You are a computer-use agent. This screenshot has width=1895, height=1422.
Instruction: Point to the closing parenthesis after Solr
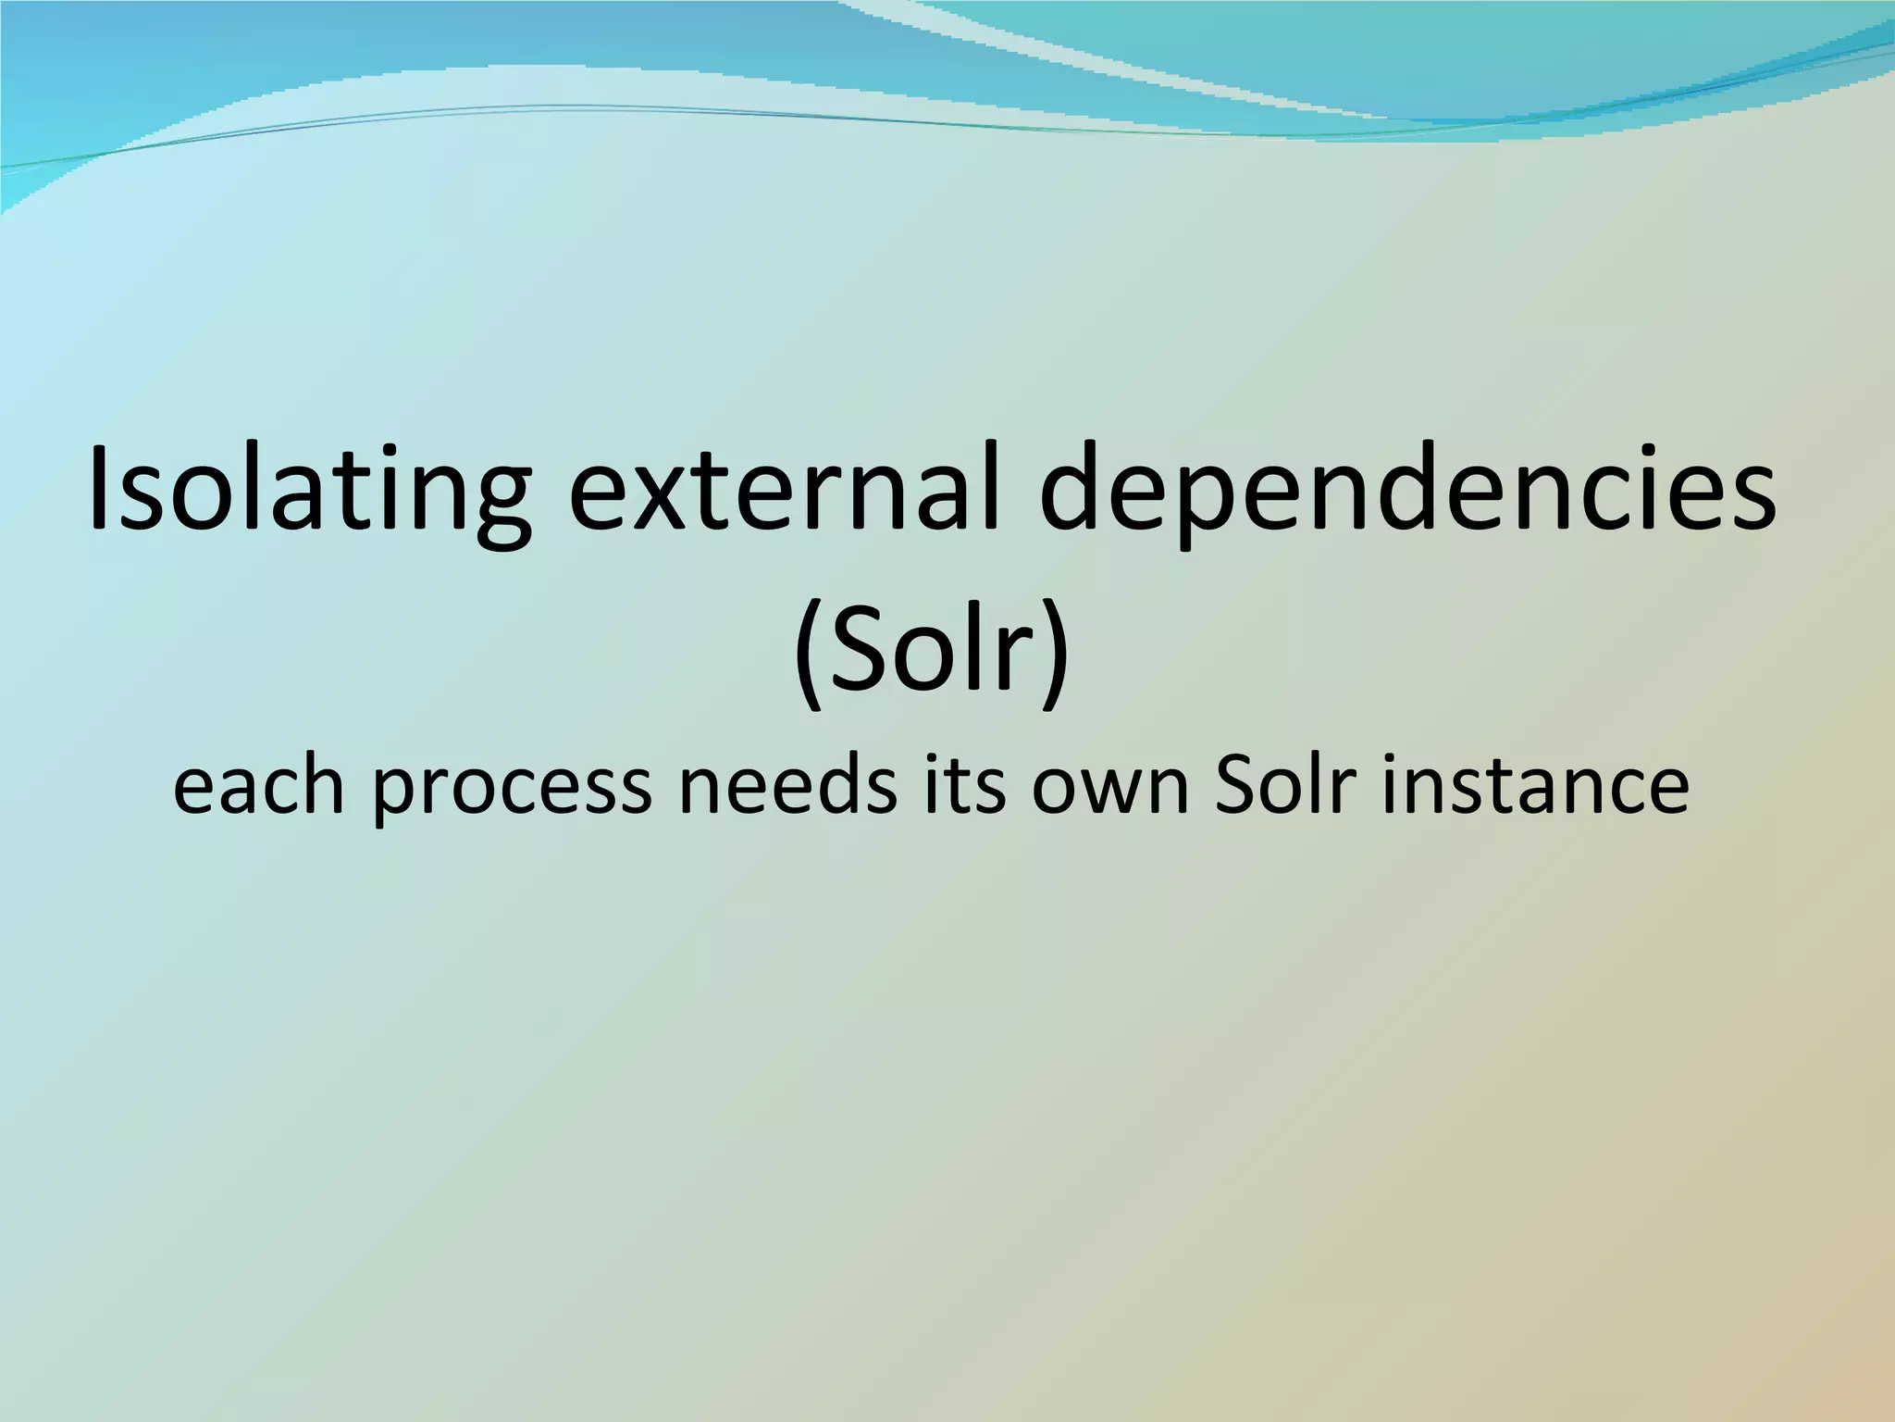point(1055,648)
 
